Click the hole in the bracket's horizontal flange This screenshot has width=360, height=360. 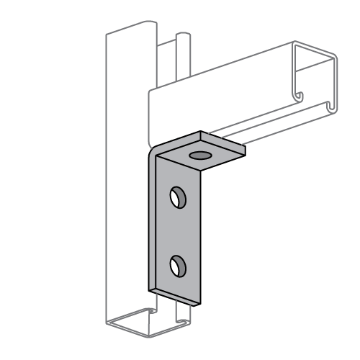click(x=198, y=154)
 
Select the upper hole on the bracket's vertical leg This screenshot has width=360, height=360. click(x=176, y=195)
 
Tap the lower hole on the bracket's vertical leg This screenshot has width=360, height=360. click(x=177, y=266)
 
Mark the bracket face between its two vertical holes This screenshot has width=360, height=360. click(x=176, y=230)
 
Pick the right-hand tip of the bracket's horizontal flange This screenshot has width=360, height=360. click(x=242, y=148)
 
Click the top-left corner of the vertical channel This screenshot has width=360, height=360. click(x=107, y=34)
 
